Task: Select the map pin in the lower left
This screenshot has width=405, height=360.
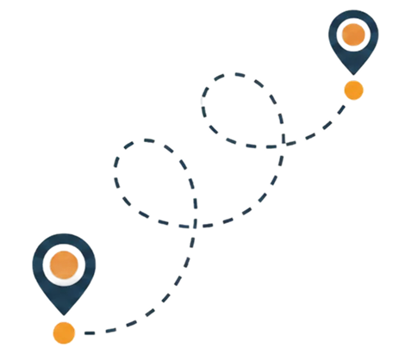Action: coord(63,269)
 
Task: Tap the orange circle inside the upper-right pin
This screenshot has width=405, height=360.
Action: coord(352,34)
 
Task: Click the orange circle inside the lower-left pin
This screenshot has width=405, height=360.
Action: coord(63,264)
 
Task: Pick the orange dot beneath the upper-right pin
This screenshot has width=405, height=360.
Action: coord(352,90)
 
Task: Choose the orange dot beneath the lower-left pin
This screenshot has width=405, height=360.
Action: coord(63,332)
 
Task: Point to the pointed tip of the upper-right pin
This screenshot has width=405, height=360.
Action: coord(352,72)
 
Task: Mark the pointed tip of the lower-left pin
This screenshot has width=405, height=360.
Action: coord(63,313)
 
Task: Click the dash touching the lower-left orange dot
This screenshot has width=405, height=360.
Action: coord(90,331)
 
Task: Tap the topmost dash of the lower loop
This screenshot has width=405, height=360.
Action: coord(151,140)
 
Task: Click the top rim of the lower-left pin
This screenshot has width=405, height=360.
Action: coord(63,235)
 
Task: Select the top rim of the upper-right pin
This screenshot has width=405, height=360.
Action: coord(352,10)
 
